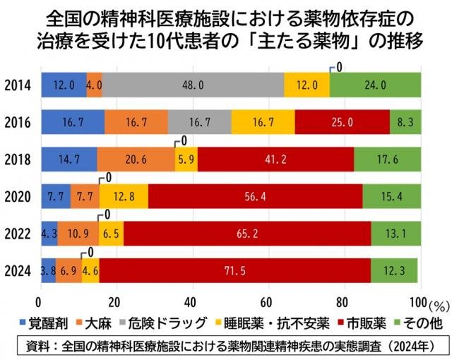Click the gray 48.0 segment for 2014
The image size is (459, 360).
[x=193, y=85]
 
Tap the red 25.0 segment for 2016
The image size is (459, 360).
[x=342, y=121]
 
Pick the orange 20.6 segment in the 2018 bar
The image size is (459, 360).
[x=136, y=159]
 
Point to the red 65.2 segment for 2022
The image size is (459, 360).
[x=247, y=233]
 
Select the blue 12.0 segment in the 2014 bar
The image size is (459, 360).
[x=64, y=85]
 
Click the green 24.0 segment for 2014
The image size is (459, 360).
[x=375, y=85]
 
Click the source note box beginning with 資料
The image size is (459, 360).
[x=229, y=346]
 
